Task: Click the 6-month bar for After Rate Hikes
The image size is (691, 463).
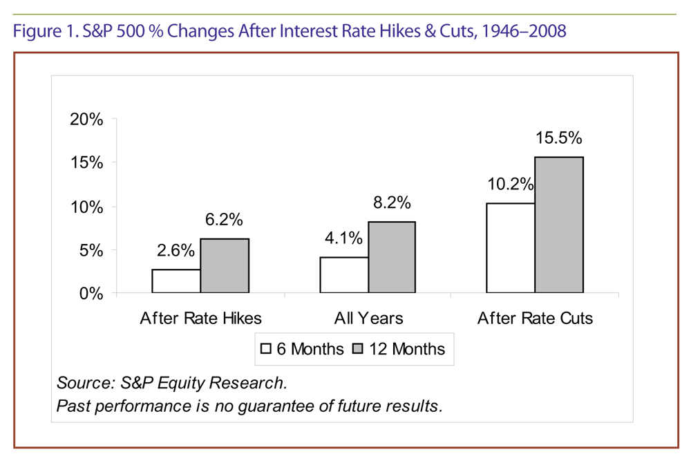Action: pyautogui.click(x=176, y=281)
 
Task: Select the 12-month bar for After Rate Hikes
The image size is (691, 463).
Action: pyautogui.click(x=225, y=266)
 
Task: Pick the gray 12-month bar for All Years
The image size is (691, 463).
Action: pyautogui.click(x=392, y=257)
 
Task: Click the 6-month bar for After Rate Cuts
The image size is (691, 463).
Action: pyautogui.click(x=511, y=248)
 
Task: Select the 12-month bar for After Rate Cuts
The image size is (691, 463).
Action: pyautogui.click(x=559, y=225)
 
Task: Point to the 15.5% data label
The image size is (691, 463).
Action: pyautogui.click(x=559, y=139)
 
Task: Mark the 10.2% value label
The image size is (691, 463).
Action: pyautogui.click(x=510, y=185)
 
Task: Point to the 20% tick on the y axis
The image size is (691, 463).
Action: pyautogui.click(x=86, y=119)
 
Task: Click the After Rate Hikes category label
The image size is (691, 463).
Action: pyautogui.click(x=200, y=319)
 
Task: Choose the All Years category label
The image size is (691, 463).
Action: pyautogui.click(x=368, y=319)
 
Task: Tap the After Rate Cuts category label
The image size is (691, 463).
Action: pyautogui.click(x=535, y=319)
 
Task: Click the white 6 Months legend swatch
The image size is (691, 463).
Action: pyautogui.click(x=265, y=349)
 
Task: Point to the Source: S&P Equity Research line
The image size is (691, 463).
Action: pyautogui.click(x=171, y=382)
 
